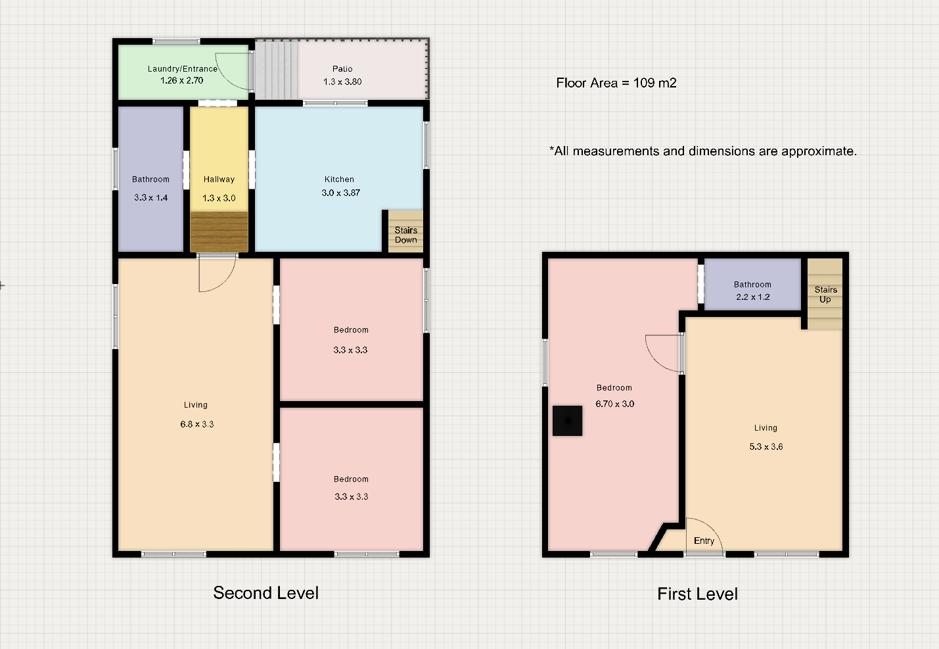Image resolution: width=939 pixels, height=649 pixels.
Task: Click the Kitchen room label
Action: (339, 179)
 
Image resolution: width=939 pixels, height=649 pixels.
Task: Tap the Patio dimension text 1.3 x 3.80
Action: (342, 82)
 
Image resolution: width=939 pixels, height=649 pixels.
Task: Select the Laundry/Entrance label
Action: (183, 69)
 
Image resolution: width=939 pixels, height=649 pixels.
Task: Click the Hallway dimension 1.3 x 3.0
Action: (219, 198)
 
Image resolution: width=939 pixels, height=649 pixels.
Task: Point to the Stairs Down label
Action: (406, 235)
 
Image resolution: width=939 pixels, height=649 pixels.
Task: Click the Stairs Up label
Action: (825, 295)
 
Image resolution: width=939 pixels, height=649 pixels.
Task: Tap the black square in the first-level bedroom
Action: (568, 421)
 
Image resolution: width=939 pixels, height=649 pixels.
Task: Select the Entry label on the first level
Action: (704, 541)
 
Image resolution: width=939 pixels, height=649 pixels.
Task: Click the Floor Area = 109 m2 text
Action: (616, 83)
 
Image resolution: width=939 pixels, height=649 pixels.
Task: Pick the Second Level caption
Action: (265, 593)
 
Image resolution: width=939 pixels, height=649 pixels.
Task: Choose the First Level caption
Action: (698, 594)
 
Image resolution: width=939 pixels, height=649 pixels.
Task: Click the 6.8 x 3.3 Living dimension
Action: (197, 424)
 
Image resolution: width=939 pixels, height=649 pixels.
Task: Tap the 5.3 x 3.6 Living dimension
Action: (766, 446)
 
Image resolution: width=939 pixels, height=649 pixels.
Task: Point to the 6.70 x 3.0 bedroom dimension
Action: (614, 404)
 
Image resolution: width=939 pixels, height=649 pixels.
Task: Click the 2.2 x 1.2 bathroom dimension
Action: (753, 297)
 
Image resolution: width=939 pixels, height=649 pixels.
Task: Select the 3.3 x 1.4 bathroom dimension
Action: (151, 198)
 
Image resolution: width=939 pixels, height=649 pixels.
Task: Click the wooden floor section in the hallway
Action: (219, 232)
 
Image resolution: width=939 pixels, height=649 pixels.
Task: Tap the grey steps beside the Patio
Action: (276, 69)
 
